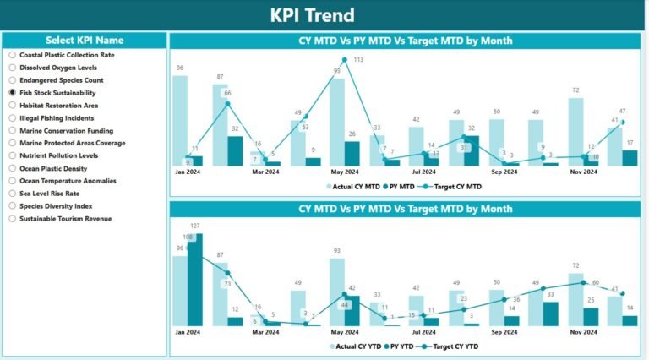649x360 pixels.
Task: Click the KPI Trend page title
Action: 324,15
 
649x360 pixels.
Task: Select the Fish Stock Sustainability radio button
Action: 13,93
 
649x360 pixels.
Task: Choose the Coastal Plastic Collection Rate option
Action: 13,55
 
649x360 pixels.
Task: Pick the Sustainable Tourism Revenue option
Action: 13,219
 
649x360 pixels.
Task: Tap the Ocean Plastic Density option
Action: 13,168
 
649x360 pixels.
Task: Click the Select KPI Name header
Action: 84,40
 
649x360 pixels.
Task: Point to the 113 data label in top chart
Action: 358,60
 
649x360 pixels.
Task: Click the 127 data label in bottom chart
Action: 195,226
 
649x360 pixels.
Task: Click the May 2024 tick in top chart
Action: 344,172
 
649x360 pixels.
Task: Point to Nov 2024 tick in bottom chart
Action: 583,332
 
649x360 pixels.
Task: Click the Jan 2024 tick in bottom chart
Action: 188,332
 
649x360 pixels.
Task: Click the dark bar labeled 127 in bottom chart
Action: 195,280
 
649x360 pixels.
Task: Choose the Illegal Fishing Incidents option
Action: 13,118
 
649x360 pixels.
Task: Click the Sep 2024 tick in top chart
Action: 504,172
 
